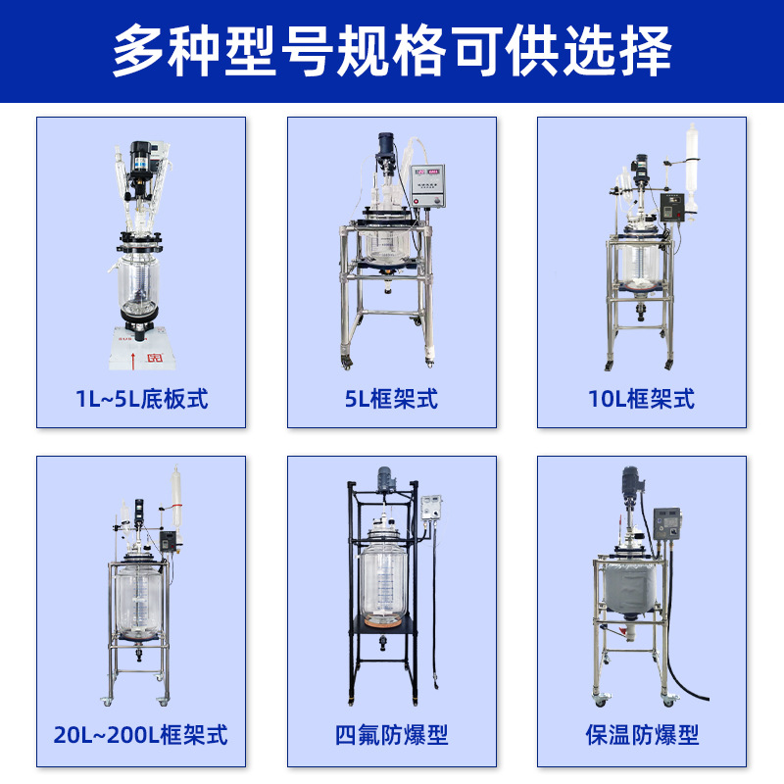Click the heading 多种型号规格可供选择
(x=392, y=51)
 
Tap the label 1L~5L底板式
(x=141, y=399)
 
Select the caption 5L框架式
(x=392, y=399)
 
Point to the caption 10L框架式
(x=642, y=399)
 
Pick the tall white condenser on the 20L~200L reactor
(x=177, y=500)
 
